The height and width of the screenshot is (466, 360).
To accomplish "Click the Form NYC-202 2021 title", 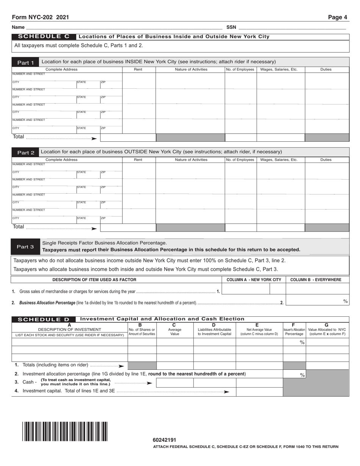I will point(41,17).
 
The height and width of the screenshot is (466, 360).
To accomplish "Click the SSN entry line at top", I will point(292,27).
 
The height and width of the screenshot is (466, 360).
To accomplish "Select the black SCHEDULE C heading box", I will point(44,37).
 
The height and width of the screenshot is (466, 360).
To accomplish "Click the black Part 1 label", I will point(25,63).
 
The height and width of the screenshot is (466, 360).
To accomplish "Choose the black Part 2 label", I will point(25,153).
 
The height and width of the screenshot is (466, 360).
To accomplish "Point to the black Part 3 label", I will point(25,247).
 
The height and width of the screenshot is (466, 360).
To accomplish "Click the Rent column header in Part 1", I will point(138,69).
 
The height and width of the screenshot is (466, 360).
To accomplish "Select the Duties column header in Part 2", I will point(326,160).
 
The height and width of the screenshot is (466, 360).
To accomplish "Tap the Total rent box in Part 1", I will point(128,138).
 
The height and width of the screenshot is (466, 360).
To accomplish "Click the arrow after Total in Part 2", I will point(94,228).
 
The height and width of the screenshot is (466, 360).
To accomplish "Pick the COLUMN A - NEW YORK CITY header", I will point(254,280).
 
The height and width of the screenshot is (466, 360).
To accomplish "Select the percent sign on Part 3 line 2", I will point(345,301).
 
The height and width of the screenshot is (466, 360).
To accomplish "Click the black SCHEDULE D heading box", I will point(44,319).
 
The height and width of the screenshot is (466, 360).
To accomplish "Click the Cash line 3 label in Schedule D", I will point(28,382).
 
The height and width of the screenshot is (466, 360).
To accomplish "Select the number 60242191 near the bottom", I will point(164,440).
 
